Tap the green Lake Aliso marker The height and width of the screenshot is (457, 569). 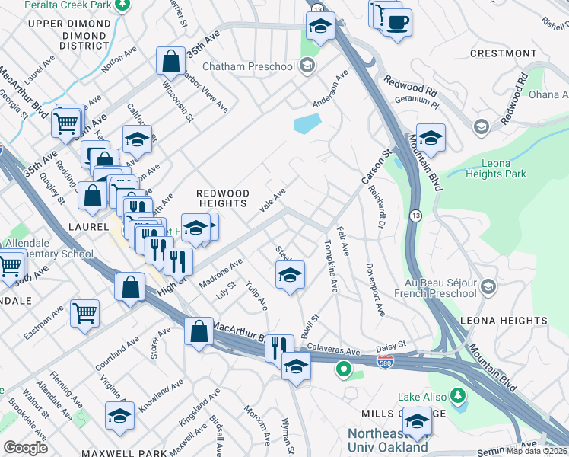click(457, 395)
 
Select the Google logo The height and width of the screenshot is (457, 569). click(26, 447)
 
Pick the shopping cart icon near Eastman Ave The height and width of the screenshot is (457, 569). click(84, 312)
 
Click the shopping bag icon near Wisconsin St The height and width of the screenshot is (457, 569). click(171, 59)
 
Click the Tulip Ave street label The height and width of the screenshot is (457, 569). click(256, 296)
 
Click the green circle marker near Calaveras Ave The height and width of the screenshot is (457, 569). click(344, 370)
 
